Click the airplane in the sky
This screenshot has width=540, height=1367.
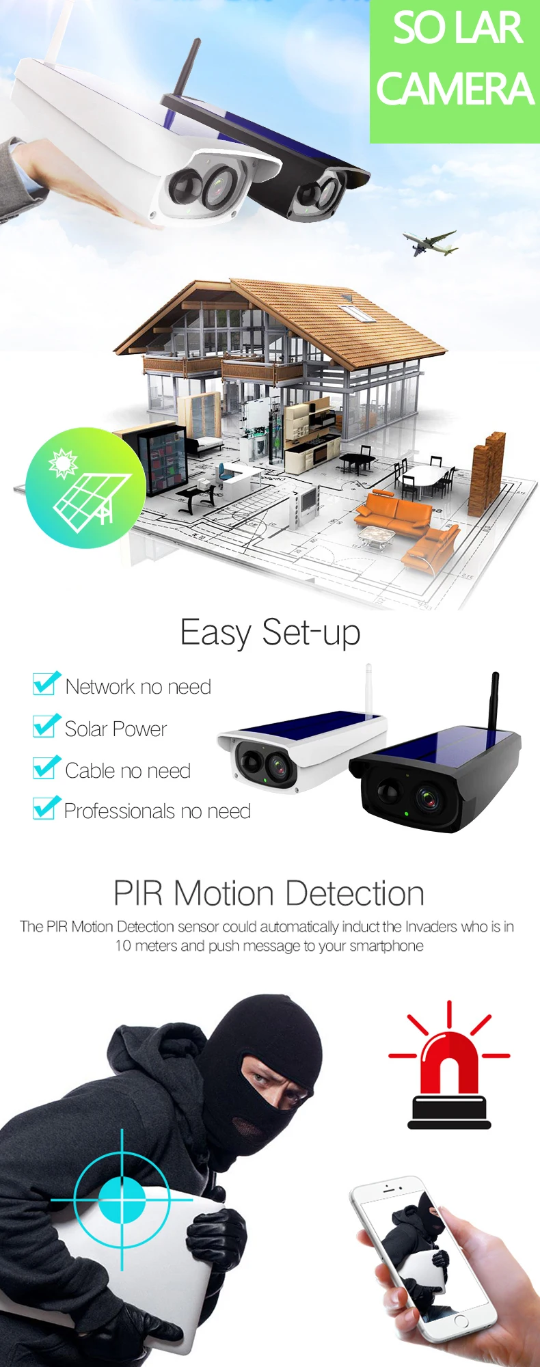pyautogui.click(x=430, y=243)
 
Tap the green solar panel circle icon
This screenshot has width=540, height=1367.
pyautogui.click(x=85, y=487)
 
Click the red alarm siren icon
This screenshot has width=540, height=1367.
pyautogui.click(x=449, y=1065)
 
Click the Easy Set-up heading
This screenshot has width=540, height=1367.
pyautogui.click(x=270, y=633)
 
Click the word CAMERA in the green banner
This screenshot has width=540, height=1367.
pyautogui.click(x=455, y=89)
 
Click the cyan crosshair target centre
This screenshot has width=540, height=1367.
pyautogui.click(x=122, y=1200)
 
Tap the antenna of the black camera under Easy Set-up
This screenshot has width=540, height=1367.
pyautogui.click(x=494, y=701)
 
